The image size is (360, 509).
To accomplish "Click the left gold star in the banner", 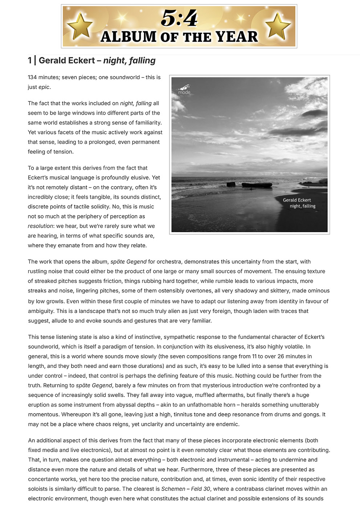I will (80, 26).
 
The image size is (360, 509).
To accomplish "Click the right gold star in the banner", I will (278, 26).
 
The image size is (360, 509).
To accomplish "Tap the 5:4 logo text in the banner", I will (179, 18).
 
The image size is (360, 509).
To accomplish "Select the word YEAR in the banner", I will (237, 37).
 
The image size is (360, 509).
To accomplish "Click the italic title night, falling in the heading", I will (129, 61).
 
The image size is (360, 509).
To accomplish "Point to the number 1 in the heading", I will (30, 61).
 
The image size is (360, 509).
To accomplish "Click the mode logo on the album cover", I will (184, 89).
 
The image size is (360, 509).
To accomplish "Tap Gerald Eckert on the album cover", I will (297, 200).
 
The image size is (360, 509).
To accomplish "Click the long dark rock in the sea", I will (257, 185).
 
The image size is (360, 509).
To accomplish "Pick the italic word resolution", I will (40, 226).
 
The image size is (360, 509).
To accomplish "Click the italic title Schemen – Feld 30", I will (185, 489).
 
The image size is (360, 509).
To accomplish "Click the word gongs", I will (312, 414).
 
